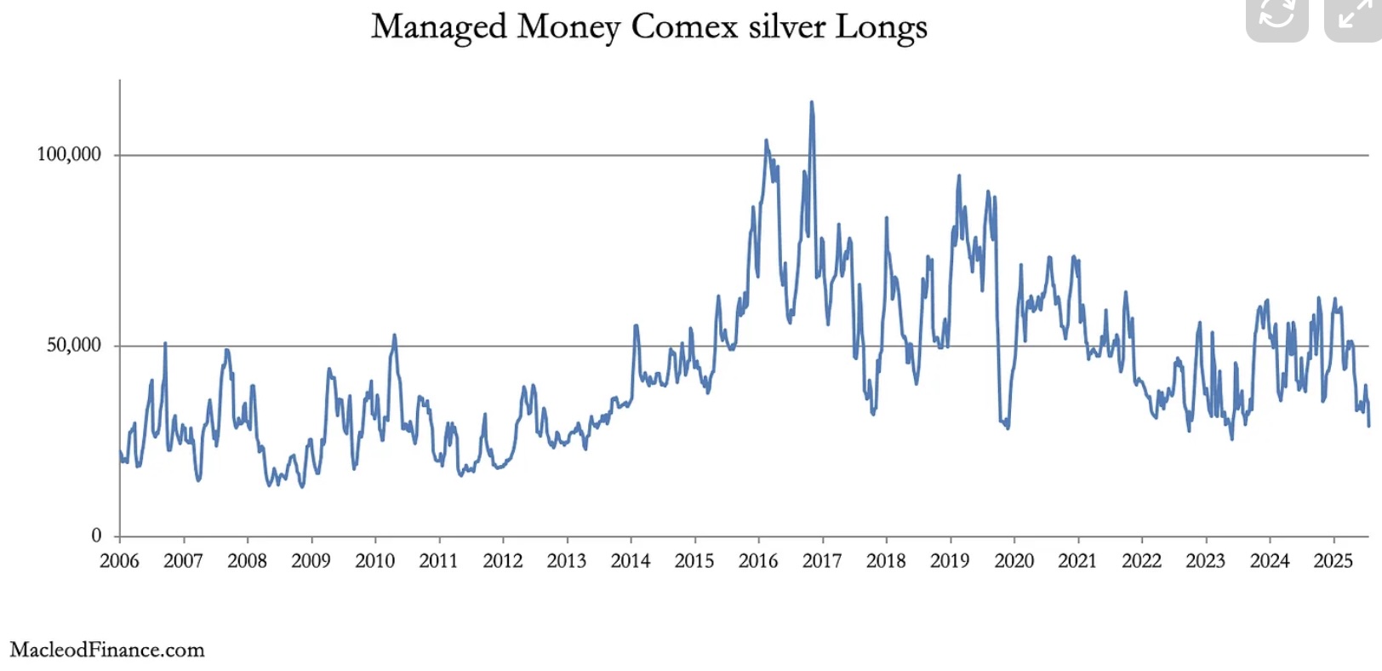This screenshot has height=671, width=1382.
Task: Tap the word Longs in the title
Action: (881, 27)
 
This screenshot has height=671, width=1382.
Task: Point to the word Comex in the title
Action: (684, 26)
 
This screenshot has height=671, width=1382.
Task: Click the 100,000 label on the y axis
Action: (68, 154)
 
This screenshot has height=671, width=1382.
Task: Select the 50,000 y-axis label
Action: (73, 345)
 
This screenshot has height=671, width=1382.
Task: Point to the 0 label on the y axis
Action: (96, 536)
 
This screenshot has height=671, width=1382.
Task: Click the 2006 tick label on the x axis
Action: (119, 561)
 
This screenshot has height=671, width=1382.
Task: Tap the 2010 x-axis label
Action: (374, 561)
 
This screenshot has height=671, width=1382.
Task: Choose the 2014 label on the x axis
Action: (631, 561)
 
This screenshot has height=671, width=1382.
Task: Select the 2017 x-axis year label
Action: (822, 561)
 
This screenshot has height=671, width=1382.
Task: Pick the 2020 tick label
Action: (1014, 561)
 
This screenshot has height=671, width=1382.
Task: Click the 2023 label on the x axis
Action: (1206, 561)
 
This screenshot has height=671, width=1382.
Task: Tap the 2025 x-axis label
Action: (1333, 561)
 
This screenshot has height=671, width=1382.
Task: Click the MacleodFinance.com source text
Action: (107, 650)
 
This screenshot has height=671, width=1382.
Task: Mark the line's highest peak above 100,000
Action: (811, 102)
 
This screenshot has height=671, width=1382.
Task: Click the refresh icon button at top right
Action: (1276, 15)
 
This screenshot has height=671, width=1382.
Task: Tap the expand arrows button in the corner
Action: (1353, 15)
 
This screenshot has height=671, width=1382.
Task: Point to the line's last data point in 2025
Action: (1368, 425)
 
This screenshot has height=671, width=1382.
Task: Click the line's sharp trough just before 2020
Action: (1008, 427)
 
